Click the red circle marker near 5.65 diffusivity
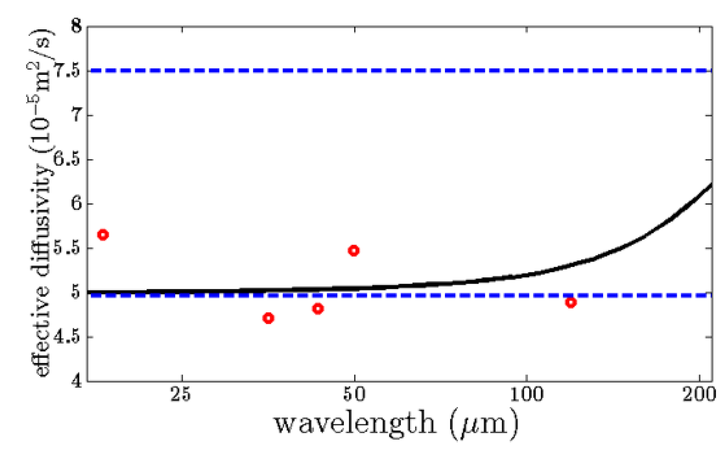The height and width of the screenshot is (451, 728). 103,235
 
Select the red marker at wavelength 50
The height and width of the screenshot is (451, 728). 354,251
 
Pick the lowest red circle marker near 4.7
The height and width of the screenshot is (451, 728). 269,318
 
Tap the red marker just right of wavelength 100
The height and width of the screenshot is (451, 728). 571,302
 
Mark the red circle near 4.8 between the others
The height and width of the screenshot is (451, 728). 318,309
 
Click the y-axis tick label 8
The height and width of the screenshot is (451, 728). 77,26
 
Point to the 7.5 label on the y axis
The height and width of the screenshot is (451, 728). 68,71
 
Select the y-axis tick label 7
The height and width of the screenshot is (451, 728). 77,115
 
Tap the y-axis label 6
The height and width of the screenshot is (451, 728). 77,204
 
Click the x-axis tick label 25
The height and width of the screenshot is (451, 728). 181,395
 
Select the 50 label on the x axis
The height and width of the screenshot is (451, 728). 354,395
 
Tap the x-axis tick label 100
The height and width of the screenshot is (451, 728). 527,395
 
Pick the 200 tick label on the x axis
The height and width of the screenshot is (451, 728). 699,395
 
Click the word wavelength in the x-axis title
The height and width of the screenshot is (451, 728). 355,424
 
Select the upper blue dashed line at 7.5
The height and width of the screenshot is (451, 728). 396,70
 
